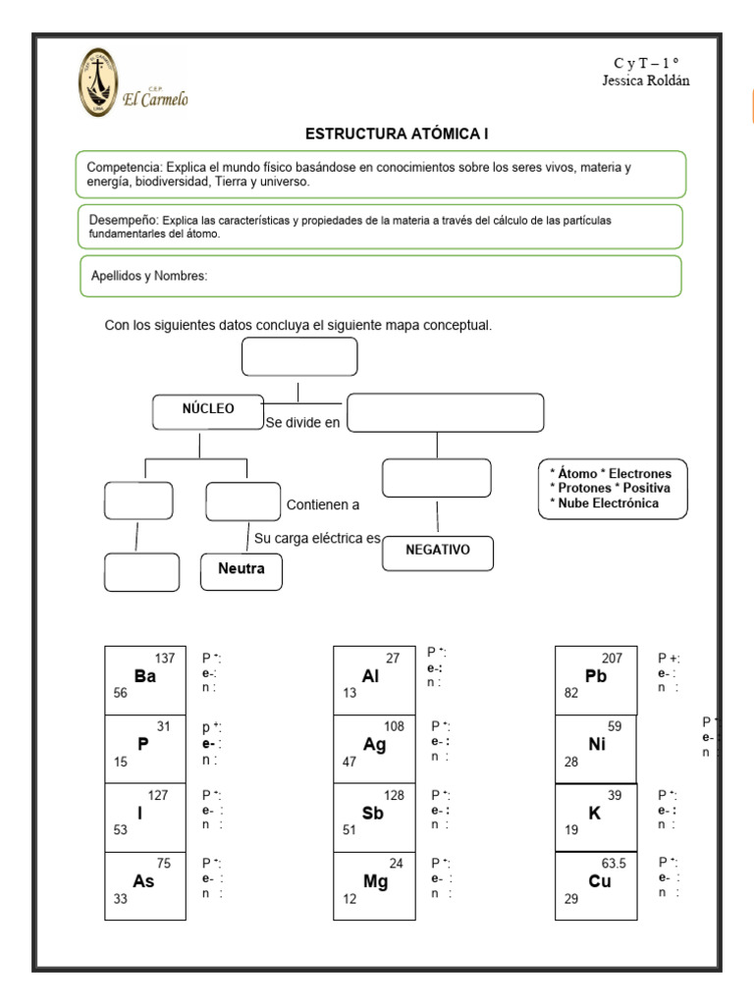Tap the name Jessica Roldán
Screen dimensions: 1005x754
point(645,80)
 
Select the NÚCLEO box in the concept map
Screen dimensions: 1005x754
point(208,410)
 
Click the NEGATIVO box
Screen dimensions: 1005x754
point(437,551)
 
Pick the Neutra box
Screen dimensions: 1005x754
point(241,569)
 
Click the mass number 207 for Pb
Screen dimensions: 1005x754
point(613,659)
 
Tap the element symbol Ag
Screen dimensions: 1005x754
point(374,744)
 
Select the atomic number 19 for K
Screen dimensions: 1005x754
point(571,829)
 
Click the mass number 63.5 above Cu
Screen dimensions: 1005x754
point(614,864)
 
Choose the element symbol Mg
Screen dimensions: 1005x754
point(375,881)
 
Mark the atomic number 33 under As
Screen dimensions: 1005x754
point(121,898)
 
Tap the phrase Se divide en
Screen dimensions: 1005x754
point(302,423)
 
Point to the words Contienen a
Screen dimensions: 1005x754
point(323,505)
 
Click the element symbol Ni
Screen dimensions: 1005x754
point(597,744)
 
